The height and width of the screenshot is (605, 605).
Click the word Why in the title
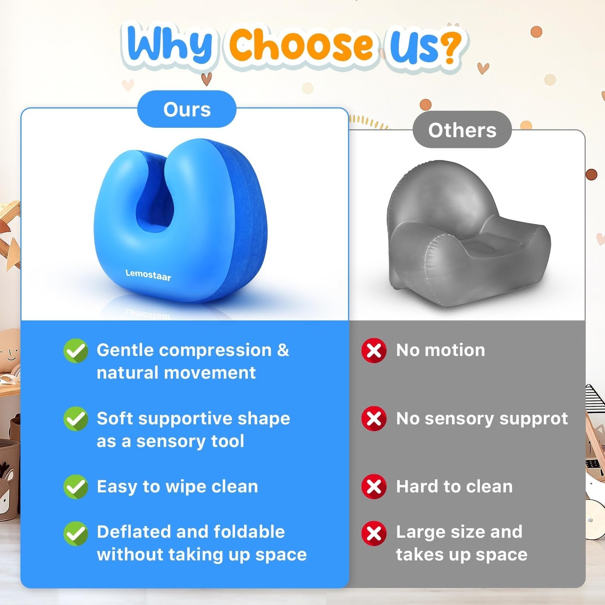click(x=170, y=44)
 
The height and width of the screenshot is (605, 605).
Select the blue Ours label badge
click(x=187, y=109)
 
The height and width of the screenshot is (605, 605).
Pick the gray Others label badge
click(x=462, y=130)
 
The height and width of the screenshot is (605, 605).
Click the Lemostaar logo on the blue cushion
click(x=148, y=275)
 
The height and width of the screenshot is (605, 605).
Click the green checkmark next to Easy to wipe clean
click(x=76, y=487)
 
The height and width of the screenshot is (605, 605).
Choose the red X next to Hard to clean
click(x=374, y=487)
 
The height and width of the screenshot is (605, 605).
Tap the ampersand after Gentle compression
click(x=283, y=350)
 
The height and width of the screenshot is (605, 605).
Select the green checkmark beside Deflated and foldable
click(x=76, y=534)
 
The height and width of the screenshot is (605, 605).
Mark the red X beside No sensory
click(x=374, y=419)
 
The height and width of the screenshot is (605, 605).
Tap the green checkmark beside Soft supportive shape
click(x=76, y=419)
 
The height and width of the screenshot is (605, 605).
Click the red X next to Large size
click(x=374, y=534)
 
